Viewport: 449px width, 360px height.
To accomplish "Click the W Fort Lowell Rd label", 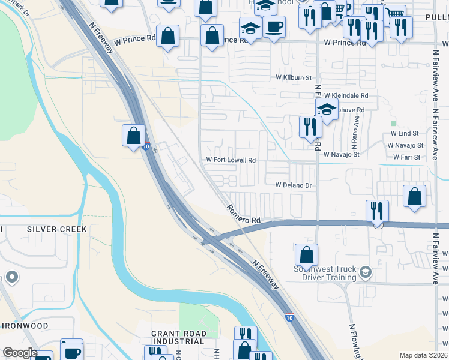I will (231, 160).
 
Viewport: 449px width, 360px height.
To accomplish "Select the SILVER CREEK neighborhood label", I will (57, 229).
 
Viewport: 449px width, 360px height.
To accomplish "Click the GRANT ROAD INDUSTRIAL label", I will (179, 338).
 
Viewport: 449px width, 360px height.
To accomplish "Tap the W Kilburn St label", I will (294, 77).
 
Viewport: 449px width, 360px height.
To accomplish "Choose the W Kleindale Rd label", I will (346, 95).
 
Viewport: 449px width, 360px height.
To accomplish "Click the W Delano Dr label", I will (294, 186).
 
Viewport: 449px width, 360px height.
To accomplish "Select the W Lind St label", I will (404, 133).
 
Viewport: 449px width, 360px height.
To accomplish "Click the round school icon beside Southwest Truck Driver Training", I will (364, 274).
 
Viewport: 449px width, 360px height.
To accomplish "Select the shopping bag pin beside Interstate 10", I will (133, 135).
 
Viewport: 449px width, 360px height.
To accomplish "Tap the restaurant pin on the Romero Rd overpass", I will (377, 211).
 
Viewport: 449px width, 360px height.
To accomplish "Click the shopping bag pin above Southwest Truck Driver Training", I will (306, 254).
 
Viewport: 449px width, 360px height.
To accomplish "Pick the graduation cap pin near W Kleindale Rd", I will (327, 110).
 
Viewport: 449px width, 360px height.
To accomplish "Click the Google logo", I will (19, 353).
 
